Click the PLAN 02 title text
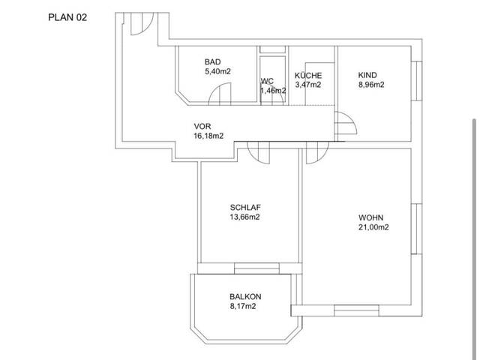[x=67, y=17]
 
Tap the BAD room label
[x=212, y=61]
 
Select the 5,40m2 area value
[x=217, y=72]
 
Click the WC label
[x=267, y=81]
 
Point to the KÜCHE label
[x=308, y=75]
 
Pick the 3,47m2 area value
[x=308, y=85]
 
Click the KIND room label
[x=367, y=75]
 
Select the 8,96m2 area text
[x=371, y=85]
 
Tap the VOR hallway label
[x=202, y=126]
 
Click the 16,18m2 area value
[x=208, y=136]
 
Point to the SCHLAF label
[x=245, y=207]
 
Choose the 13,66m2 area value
[x=245, y=217]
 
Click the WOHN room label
[x=370, y=217]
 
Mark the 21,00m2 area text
[x=373, y=227]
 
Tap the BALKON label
[x=245, y=297]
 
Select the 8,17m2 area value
[x=243, y=306]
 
